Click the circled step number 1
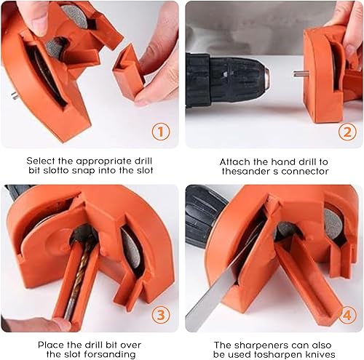(161, 132)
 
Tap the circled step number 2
(347, 132)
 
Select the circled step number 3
(161, 315)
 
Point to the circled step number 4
(347, 315)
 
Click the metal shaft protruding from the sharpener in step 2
(301, 73)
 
